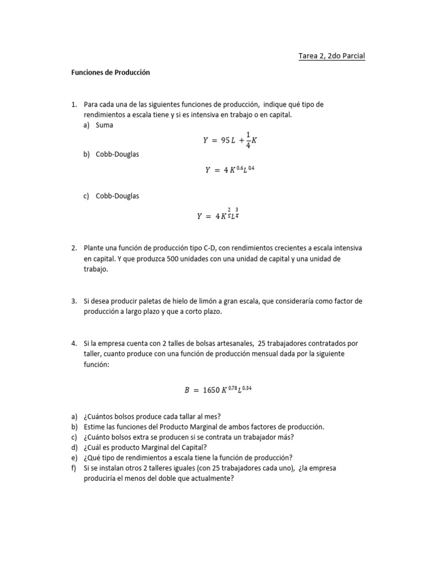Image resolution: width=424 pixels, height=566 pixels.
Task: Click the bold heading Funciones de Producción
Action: coord(110,72)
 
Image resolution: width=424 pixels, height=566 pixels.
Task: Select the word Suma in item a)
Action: coord(104,125)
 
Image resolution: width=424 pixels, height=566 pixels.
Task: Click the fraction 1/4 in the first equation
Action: coord(247,140)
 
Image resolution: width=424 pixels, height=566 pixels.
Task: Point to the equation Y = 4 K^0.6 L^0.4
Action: coord(230,170)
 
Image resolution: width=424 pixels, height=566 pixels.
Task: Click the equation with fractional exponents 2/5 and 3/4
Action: coord(218,216)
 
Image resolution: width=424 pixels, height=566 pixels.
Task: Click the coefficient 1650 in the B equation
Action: coord(211,390)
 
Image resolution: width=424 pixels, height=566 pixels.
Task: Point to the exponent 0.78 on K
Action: coord(231,387)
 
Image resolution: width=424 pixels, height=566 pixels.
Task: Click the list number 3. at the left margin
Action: coord(73,301)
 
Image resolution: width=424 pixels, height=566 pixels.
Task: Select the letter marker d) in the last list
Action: coord(74,447)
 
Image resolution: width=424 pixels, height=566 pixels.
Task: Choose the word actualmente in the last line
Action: coord(210,479)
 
